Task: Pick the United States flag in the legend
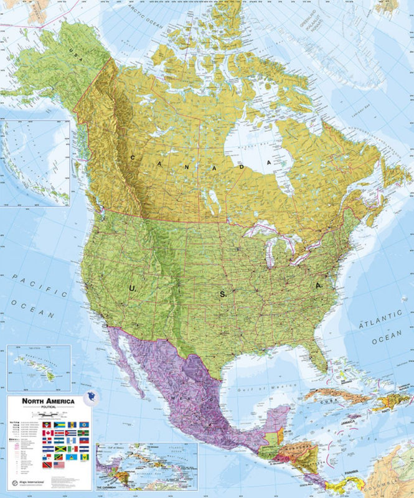tap(59, 465)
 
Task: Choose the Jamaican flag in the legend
tap(59, 449)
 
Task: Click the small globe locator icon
tap(93, 397)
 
